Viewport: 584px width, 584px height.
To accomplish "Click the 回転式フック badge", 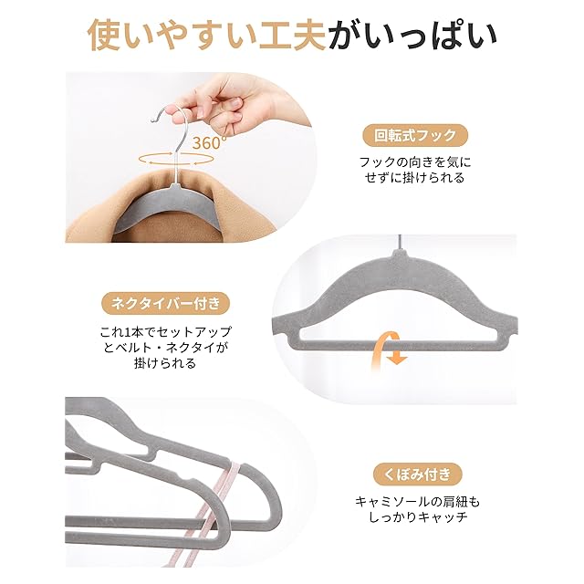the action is pos(415,135).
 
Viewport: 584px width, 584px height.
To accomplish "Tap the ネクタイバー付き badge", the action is pos(165,304).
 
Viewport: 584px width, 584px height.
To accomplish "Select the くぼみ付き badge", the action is pos(418,474).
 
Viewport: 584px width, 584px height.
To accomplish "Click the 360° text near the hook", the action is pos(209,142).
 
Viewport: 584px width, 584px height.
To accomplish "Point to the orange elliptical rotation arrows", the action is pos(176,159).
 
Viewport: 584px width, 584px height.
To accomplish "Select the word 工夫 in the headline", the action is pos(292,35).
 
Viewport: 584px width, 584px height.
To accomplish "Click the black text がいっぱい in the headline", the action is pos(412,35).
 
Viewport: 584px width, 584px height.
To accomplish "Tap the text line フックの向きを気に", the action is pos(415,162).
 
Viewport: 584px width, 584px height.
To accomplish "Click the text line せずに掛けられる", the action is pos(415,178).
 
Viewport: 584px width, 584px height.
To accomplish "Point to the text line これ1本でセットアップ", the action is pos(165,331).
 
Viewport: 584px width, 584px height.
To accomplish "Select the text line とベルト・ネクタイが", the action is pos(165,347).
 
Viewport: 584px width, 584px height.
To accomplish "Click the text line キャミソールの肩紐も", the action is pos(418,502).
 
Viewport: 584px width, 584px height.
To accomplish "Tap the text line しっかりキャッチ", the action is pos(418,517).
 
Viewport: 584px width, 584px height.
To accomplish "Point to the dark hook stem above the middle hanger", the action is pos(401,242).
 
